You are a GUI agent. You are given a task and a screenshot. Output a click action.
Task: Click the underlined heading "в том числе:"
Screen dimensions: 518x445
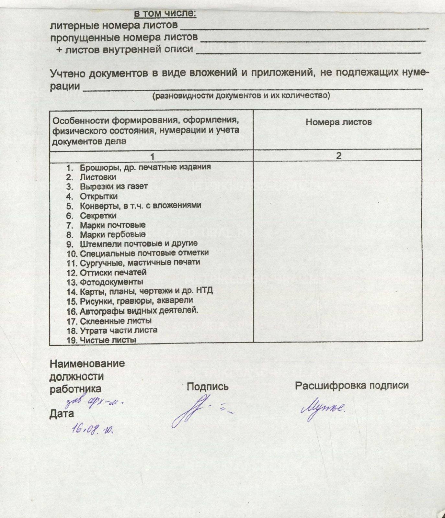(x=165, y=14)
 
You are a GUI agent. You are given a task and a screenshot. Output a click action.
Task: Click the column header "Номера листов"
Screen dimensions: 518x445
(x=338, y=122)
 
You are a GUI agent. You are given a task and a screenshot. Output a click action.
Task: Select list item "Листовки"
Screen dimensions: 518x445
(x=98, y=177)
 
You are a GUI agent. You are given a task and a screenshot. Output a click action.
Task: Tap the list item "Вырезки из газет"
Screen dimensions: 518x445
(x=114, y=186)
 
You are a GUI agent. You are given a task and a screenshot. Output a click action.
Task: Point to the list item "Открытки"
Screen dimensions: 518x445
(x=99, y=196)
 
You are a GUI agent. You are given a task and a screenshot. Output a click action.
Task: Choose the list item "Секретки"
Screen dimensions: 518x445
(x=98, y=215)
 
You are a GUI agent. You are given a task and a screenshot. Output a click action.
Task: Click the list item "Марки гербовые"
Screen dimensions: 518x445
(x=113, y=234)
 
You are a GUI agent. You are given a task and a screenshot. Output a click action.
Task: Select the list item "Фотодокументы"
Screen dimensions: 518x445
(x=111, y=282)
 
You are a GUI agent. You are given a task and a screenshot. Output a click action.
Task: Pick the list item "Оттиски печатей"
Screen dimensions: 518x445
(x=113, y=272)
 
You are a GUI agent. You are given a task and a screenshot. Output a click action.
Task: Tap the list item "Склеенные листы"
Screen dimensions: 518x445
(x=116, y=321)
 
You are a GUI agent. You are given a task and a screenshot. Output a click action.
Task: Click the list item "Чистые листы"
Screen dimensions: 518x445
(x=108, y=340)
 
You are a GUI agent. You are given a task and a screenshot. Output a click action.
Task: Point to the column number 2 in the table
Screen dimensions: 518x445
(x=338, y=156)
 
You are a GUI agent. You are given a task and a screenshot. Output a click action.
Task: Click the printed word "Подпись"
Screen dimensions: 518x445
(x=208, y=387)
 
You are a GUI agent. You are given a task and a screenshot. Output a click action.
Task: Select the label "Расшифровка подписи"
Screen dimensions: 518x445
(x=352, y=385)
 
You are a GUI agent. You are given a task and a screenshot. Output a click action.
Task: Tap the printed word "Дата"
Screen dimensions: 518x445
(x=62, y=413)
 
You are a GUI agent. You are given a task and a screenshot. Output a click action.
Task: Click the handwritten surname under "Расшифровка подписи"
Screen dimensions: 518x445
(x=323, y=409)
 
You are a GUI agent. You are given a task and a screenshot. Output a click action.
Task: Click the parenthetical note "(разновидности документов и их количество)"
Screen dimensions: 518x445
(x=241, y=96)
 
